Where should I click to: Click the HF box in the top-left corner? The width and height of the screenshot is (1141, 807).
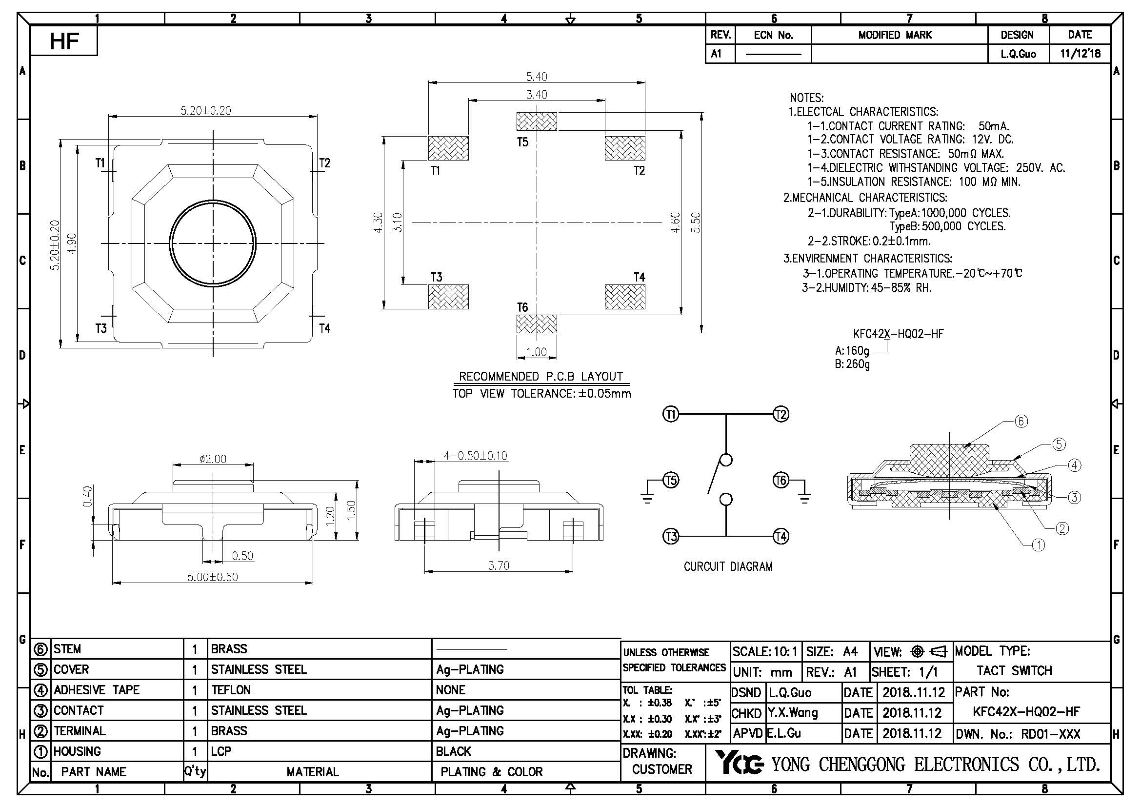[x=64, y=41]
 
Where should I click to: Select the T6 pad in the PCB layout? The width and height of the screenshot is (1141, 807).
[x=536, y=324]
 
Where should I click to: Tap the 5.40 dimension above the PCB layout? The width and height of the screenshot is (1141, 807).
[x=536, y=77]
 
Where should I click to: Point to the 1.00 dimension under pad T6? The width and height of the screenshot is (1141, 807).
[x=536, y=352]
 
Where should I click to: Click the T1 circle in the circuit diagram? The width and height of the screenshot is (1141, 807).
[x=671, y=414]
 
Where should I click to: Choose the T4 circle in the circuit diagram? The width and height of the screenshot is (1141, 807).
[x=781, y=536]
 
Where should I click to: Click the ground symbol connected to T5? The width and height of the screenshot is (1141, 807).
[x=647, y=497]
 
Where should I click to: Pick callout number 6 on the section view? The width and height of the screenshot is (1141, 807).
[x=1021, y=422]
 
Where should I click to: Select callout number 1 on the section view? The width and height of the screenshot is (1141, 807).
[x=1039, y=545]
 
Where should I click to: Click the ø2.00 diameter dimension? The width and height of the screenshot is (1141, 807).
[x=213, y=459]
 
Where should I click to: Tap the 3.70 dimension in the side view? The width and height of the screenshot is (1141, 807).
[x=499, y=565]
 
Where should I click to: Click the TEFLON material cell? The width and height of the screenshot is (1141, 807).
[x=231, y=690]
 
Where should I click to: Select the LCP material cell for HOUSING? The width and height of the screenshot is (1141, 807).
[x=221, y=751]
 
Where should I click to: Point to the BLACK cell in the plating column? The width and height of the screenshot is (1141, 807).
[x=453, y=751]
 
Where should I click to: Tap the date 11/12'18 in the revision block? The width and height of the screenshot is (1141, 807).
[x=1080, y=53]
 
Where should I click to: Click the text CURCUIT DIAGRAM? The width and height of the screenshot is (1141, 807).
[x=728, y=566]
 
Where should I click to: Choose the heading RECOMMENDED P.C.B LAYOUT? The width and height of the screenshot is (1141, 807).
[x=540, y=376]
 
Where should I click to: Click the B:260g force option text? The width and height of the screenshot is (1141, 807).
[x=852, y=364]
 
